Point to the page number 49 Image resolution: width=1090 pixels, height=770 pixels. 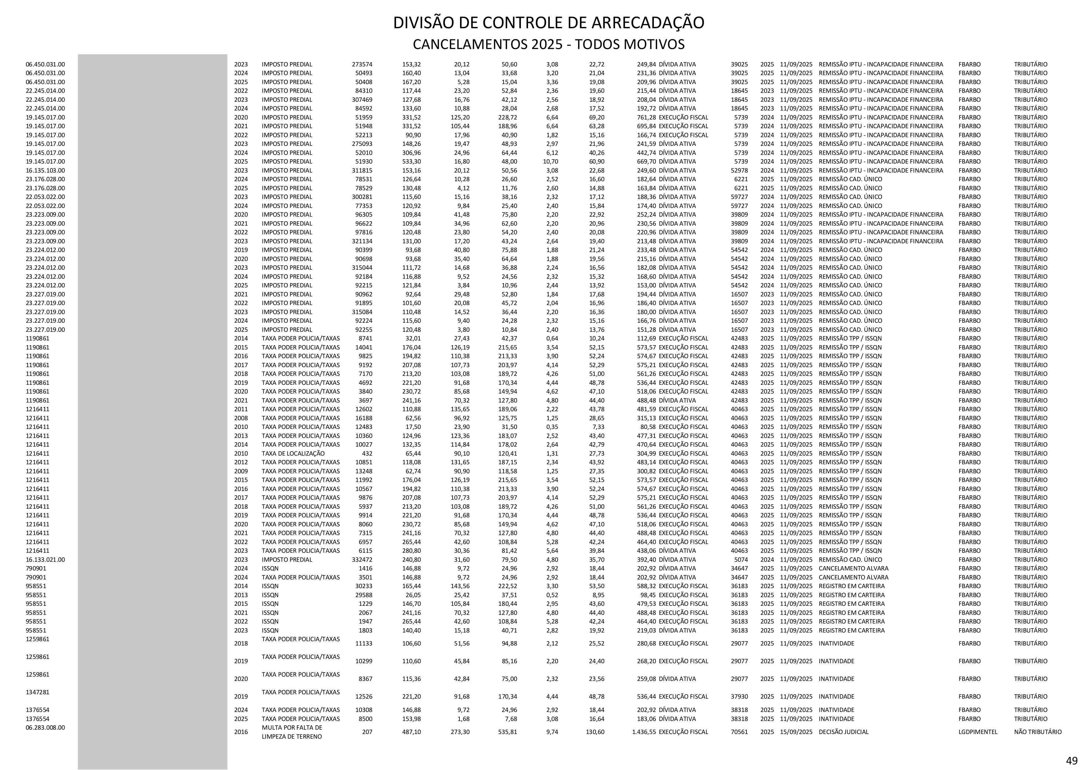click(x=1071, y=761)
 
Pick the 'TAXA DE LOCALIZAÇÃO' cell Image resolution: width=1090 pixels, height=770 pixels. click(x=293, y=453)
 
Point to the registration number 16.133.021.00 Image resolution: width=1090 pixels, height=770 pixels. click(x=46, y=560)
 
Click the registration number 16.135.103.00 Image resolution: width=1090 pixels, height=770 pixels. click(x=46, y=170)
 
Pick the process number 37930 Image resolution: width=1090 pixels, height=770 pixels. click(x=739, y=697)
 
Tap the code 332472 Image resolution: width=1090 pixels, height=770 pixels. click(x=362, y=560)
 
